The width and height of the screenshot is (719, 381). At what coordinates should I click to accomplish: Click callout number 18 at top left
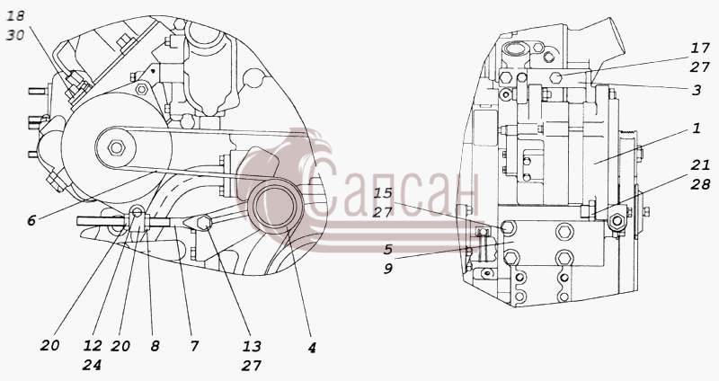click(x=15, y=16)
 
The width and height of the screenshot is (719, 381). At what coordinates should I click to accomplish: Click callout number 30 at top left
click(x=15, y=35)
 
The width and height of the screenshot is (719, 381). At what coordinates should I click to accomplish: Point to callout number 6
click(x=31, y=220)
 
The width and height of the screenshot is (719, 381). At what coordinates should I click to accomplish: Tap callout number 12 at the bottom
click(x=93, y=345)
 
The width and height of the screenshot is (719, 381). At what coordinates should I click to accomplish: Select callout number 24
click(x=93, y=365)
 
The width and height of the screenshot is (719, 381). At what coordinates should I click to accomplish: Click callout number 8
click(x=155, y=346)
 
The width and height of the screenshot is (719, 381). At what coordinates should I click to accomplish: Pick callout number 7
click(x=195, y=346)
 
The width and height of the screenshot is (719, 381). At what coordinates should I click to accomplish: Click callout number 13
click(x=252, y=346)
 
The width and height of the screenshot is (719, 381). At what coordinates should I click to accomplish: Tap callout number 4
click(x=312, y=348)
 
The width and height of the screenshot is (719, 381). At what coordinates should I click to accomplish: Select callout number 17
click(x=701, y=48)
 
